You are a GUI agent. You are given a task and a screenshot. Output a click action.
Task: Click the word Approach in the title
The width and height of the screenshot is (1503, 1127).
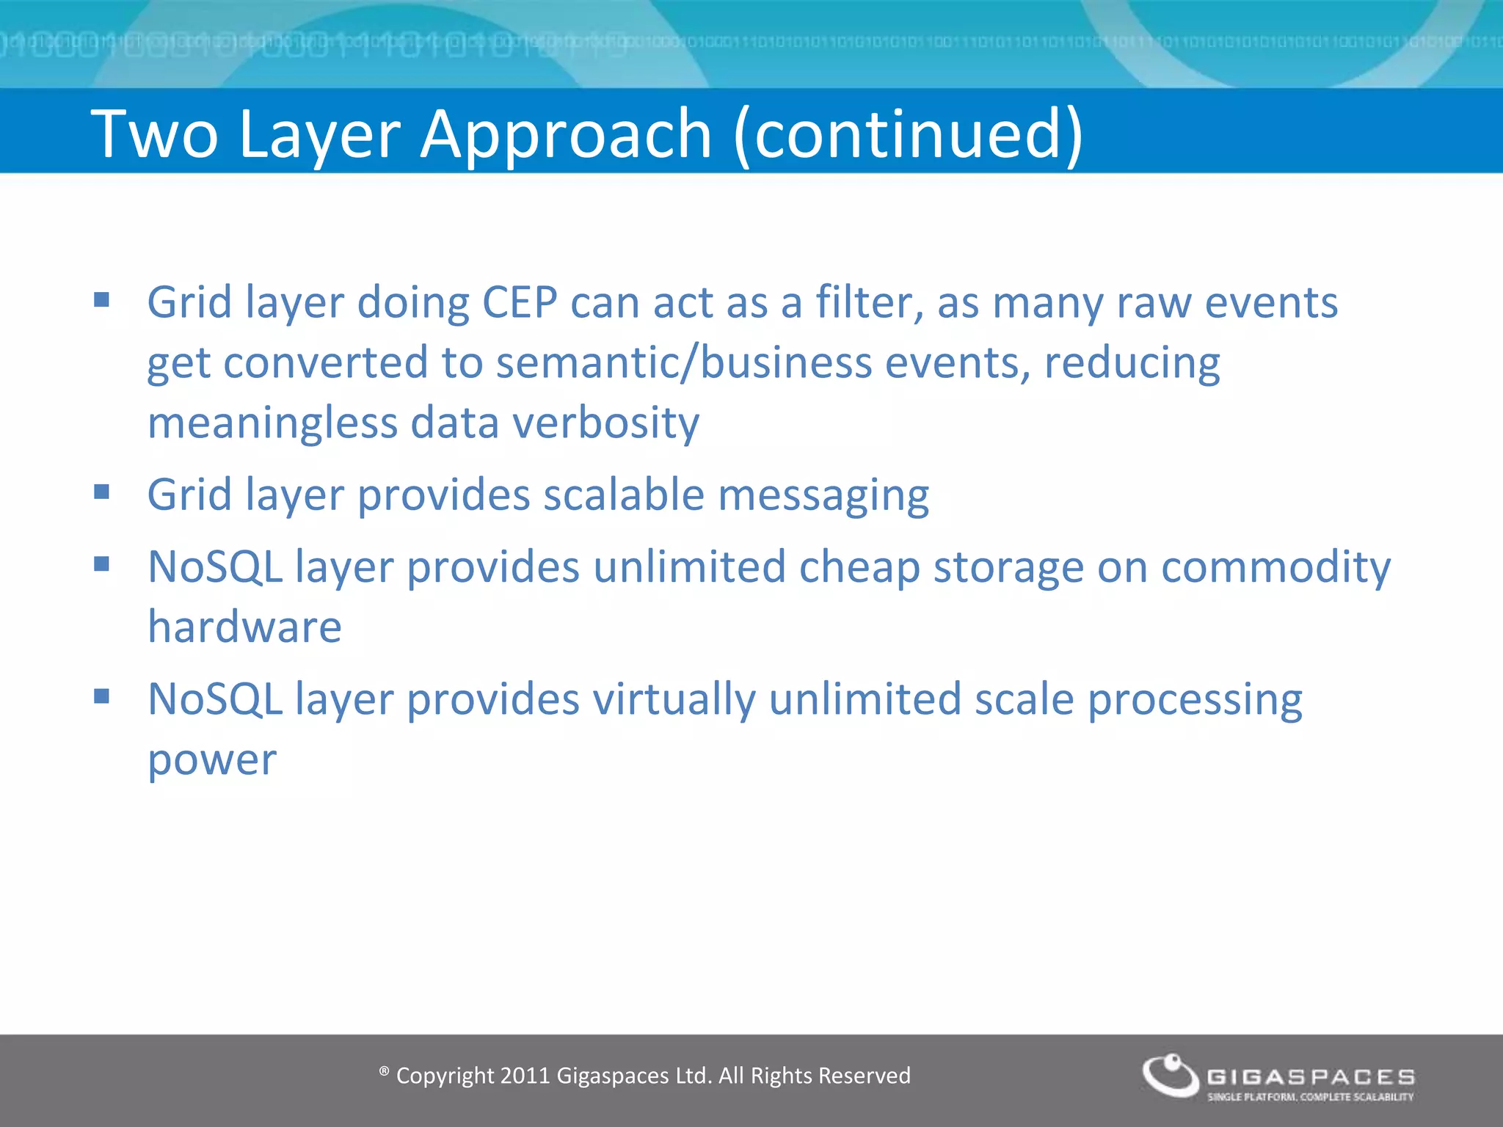565,134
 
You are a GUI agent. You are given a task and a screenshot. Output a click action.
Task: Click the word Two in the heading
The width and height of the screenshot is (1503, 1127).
155,134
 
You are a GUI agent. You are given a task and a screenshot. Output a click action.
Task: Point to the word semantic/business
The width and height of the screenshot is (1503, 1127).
683,363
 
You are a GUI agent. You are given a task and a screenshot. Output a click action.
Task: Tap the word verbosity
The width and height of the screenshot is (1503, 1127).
605,423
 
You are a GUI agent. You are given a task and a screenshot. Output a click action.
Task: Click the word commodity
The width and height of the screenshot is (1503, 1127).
1275,568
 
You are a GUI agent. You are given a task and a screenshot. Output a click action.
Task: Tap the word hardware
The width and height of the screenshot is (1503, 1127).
244,627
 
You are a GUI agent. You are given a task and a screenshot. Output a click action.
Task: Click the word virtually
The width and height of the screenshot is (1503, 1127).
674,699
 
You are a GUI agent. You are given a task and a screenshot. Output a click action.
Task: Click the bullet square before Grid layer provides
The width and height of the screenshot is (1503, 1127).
101,491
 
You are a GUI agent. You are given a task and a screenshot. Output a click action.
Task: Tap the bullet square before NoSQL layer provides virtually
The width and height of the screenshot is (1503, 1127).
101,696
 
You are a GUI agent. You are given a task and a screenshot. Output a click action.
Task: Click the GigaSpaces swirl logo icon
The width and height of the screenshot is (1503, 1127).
1171,1076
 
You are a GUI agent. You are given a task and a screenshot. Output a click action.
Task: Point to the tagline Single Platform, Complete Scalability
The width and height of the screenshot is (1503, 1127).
1310,1097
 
